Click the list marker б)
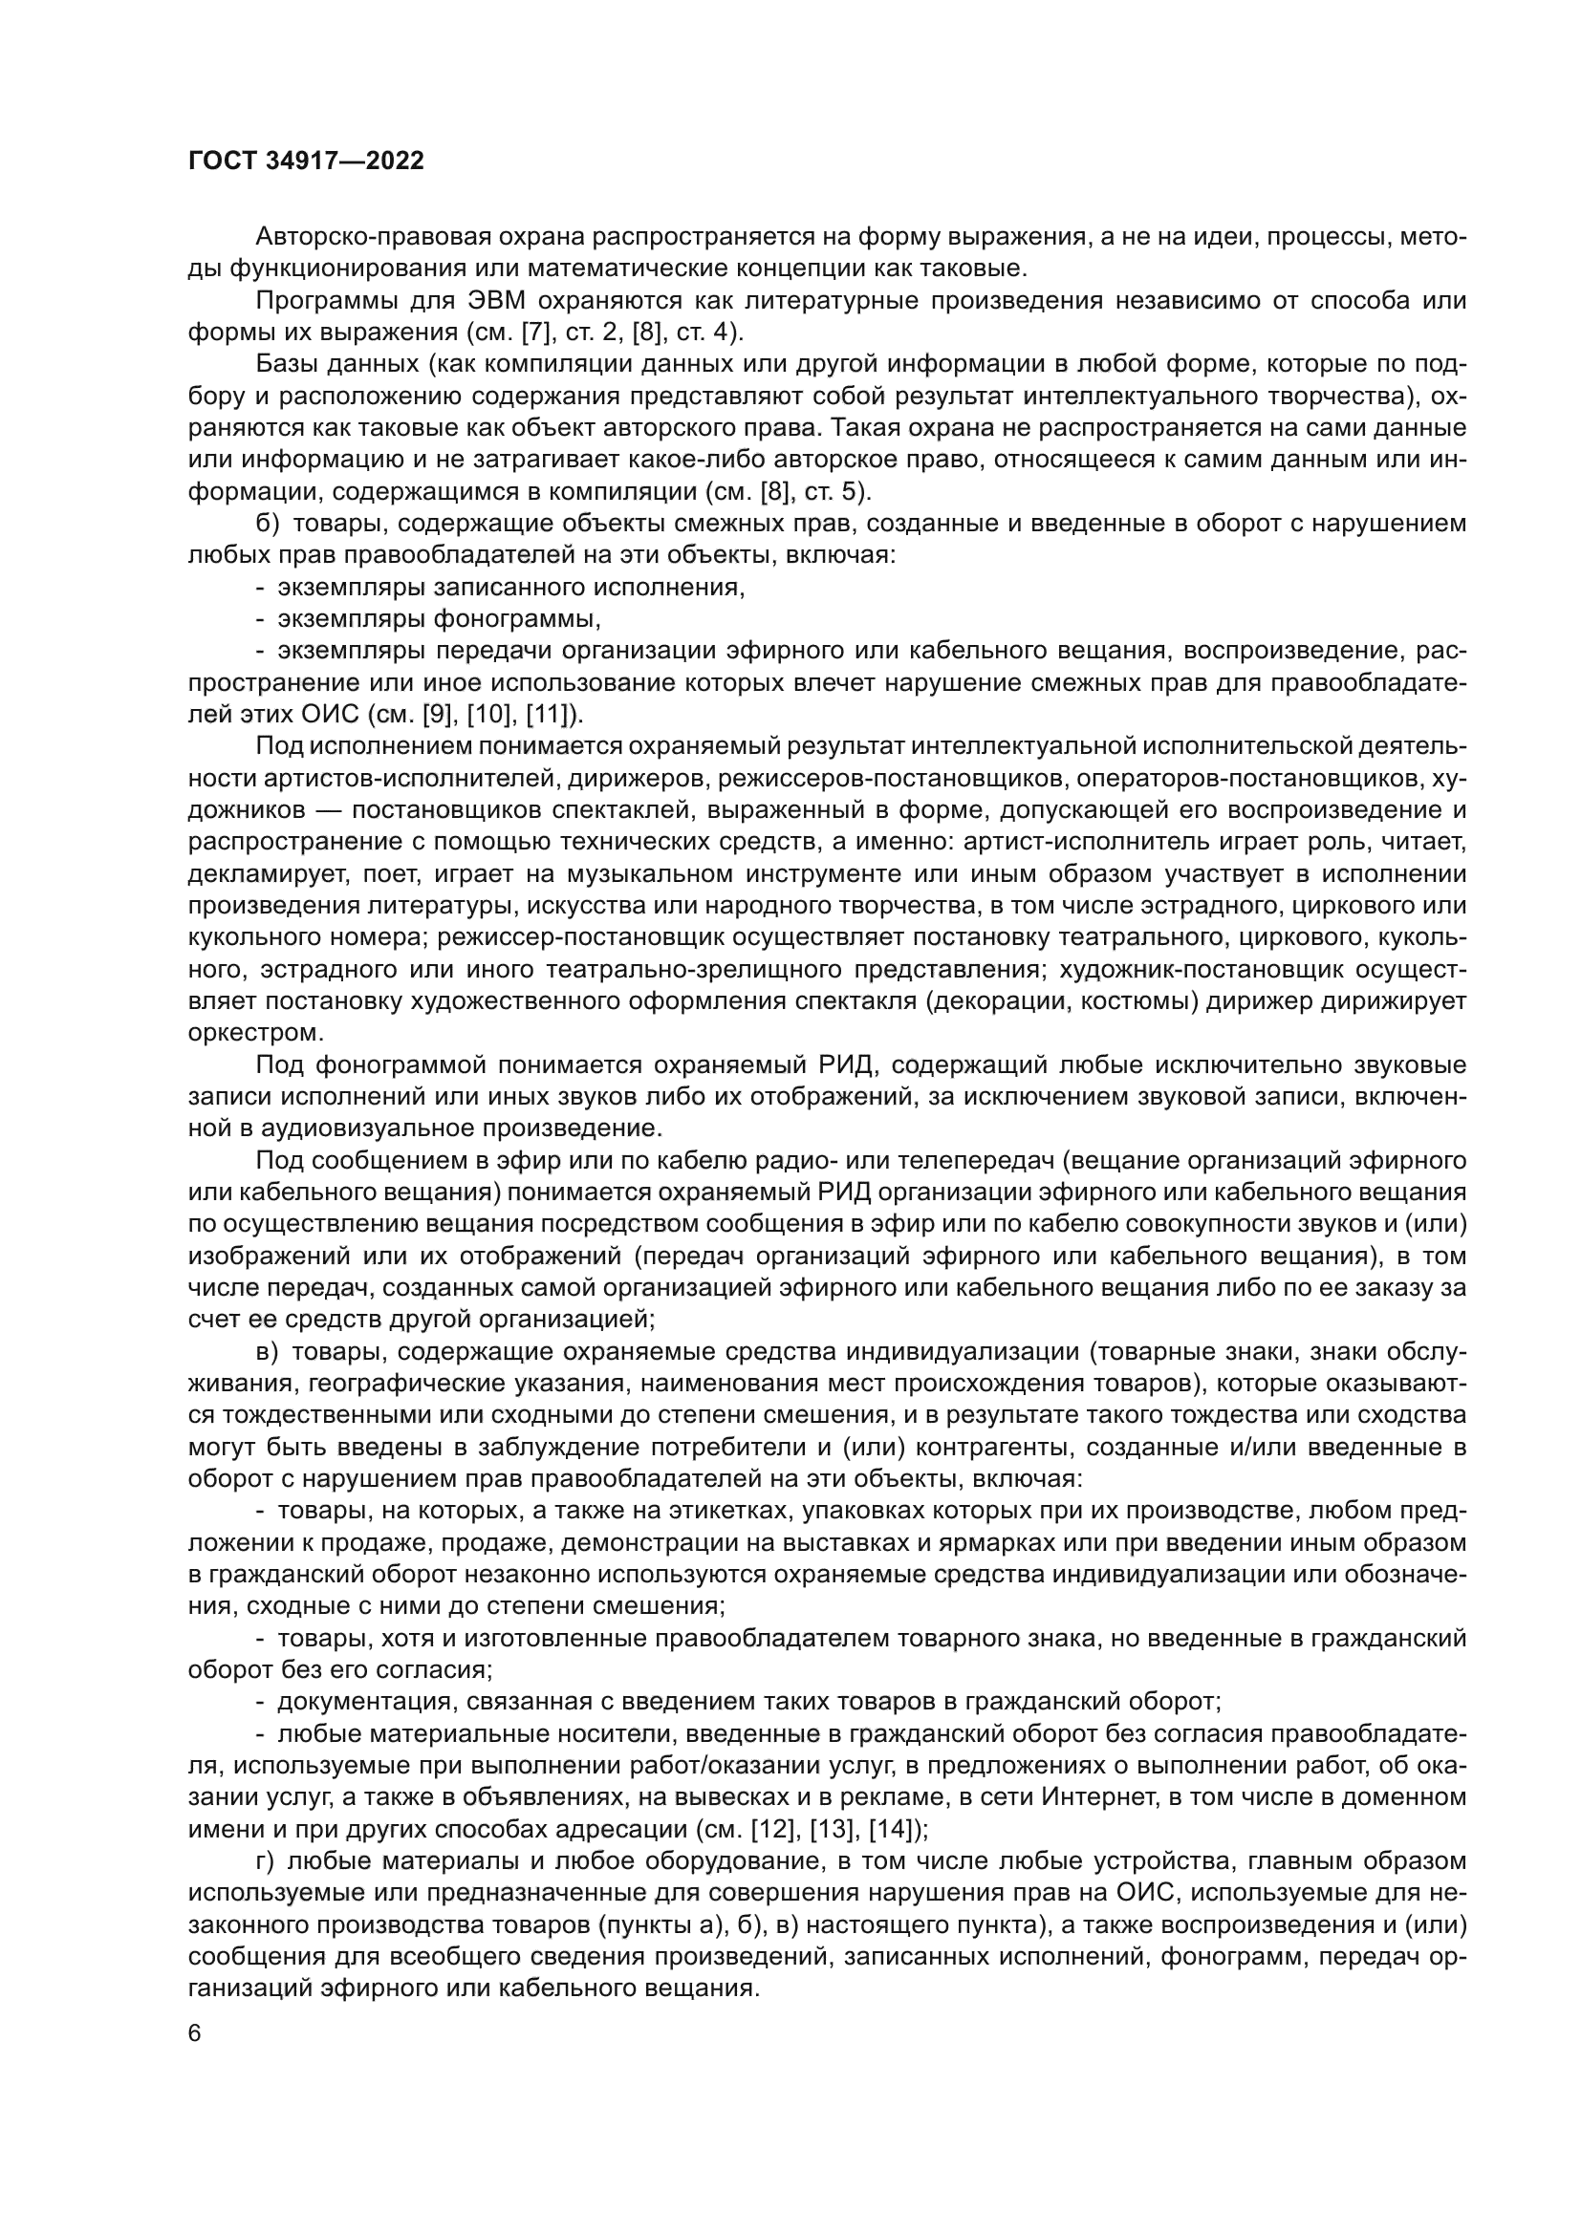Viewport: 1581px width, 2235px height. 267,524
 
